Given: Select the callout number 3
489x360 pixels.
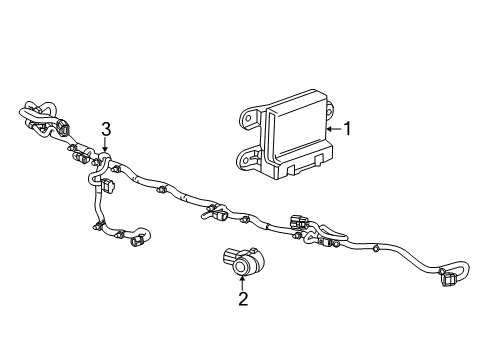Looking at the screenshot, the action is click(x=105, y=126).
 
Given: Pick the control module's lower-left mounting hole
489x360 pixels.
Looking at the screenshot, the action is click(x=242, y=156).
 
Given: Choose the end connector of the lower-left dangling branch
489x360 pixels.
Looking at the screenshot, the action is click(x=140, y=239).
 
